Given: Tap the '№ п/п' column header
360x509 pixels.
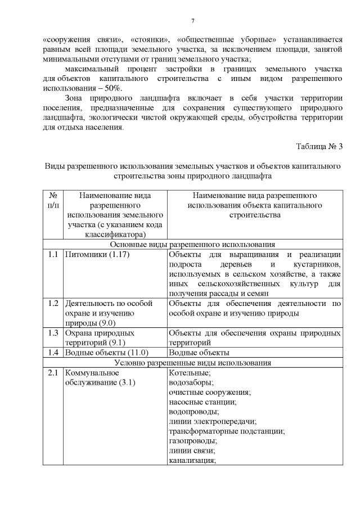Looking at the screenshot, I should [x=53, y=201].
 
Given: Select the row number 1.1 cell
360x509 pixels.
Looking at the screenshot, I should [x=53, y=255].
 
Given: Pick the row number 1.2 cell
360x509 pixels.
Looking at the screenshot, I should [x=53, y=304].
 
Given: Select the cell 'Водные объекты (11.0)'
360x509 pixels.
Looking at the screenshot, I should [x=106, y=353].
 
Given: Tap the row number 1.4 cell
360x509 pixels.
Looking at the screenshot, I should [x=53, y=353].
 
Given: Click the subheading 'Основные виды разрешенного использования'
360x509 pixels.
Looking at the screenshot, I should [x=192, y=245].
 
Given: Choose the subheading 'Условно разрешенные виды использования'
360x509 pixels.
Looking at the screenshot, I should [x=192, y=363].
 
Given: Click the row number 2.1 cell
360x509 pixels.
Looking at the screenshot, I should [x=53, y=373].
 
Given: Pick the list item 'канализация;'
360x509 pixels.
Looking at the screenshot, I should [x=192, y=461].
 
